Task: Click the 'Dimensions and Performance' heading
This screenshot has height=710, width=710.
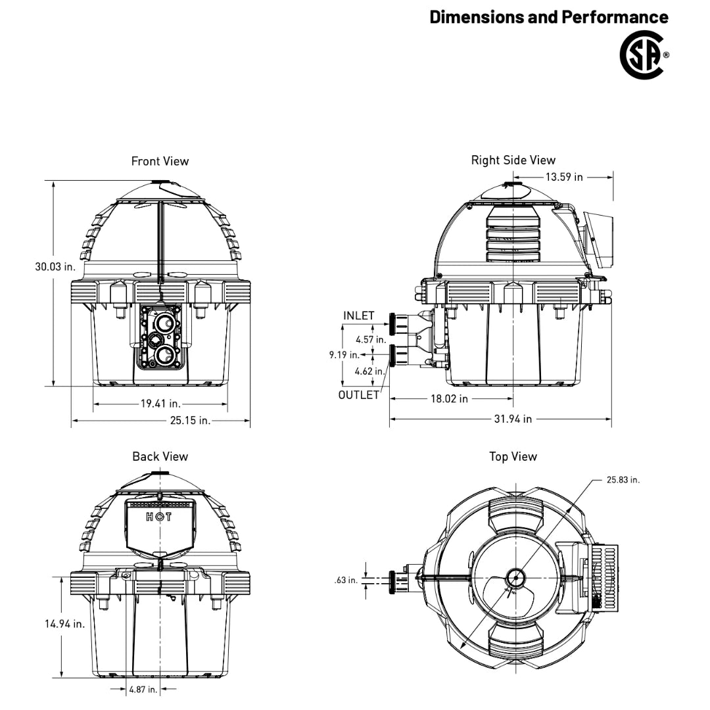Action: click(x=549, y=17)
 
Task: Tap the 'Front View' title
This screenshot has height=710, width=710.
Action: click(x=160, y=161)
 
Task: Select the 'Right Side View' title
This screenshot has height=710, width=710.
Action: click(x=513, y=160)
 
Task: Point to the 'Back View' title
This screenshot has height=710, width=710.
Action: click(x=160, y=456)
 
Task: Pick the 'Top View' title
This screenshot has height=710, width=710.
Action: click(x=513, y=456)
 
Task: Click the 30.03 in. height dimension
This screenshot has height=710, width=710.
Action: click(x=55, y=267)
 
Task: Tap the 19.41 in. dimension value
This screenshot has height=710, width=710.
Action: click(x=161, y=403)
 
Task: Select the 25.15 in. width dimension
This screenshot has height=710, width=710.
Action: click(x=190, y=420)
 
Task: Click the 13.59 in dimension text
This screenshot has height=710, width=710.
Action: click(x=564, y=177)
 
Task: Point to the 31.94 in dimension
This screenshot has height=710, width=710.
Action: click(x=513, y=419)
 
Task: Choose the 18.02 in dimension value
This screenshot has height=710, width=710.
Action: click(x=449, y=398)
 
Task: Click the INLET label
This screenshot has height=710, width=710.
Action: click(x=359, y=316)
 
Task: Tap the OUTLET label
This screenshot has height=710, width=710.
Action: click(x=359, y=395)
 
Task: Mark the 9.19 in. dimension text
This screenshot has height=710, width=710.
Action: click(x=344, y=354)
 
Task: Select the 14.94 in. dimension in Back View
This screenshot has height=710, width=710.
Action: click(x=64, y=624)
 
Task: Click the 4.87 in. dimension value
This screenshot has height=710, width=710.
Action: click(x=143, y=689)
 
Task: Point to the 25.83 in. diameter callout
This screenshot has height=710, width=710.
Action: click(x=623, y=479)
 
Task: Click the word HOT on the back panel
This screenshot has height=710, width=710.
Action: click(x=159, y=517)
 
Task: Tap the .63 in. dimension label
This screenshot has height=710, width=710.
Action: click(x=346, y=580)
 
